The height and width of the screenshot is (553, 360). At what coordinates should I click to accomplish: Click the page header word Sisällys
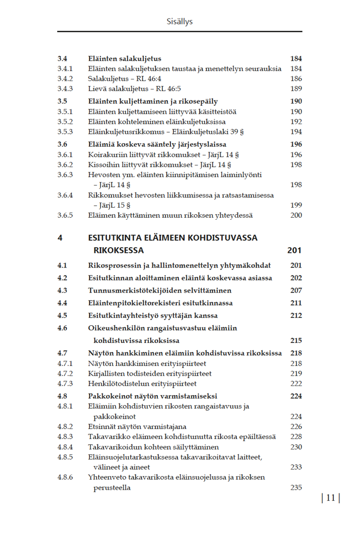[179, 22]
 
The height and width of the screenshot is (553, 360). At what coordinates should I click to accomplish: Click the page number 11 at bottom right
[330, 498]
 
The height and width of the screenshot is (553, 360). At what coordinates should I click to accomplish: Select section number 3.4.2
[65, 79]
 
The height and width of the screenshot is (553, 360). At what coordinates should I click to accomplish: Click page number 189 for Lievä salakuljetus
[296, 89]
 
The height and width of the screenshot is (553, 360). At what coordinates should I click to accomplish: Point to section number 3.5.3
[65, 132]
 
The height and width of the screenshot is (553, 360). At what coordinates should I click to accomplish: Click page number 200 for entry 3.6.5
[296, 215]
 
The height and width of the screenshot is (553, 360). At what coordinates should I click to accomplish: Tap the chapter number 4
[60, 238]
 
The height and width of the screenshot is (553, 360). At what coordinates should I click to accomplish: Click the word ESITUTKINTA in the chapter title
[116, 238]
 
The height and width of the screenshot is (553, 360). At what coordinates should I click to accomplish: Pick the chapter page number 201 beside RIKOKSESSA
[294, 250]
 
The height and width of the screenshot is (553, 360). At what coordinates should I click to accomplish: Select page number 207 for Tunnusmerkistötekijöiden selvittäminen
[296, 291]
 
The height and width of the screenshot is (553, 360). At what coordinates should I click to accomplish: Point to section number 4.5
[62, 316]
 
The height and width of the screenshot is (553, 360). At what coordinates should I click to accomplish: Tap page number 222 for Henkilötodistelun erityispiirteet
[296, 384]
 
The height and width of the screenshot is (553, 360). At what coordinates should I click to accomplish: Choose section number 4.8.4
[65, 447]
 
